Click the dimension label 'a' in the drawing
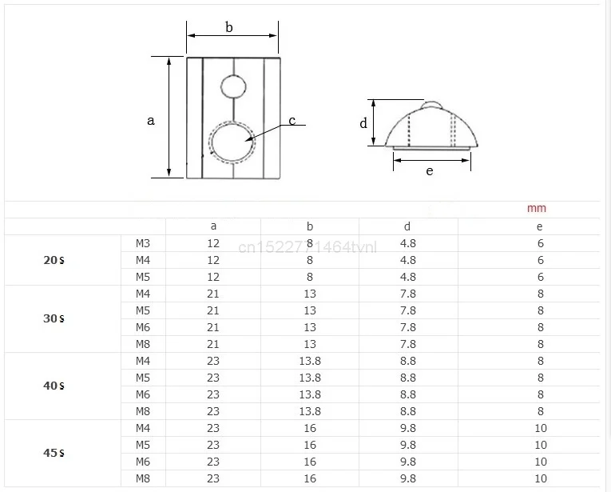(x=150, y=121)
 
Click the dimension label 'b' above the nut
(x=229, y=27)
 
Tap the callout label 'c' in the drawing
(x=292, y=121)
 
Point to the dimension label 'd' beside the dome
(x=363, y=123)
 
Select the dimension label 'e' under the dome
(x=430, y=170)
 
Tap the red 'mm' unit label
(x=537, y=208)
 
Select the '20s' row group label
(x=54, y=260)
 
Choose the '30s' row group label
(x=54, y=318)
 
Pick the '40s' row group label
(x=54, y=386)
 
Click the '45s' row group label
(x=54, y=453)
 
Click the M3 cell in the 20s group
(x=143, y=243)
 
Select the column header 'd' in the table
(x=407, y=226)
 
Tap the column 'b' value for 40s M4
(x=310, y=361)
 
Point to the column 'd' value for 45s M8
(x=407, y=478)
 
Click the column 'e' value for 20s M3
(x=541, y=243)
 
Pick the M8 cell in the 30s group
(x=143, y=344)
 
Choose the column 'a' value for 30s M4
(x=213, y=294)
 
